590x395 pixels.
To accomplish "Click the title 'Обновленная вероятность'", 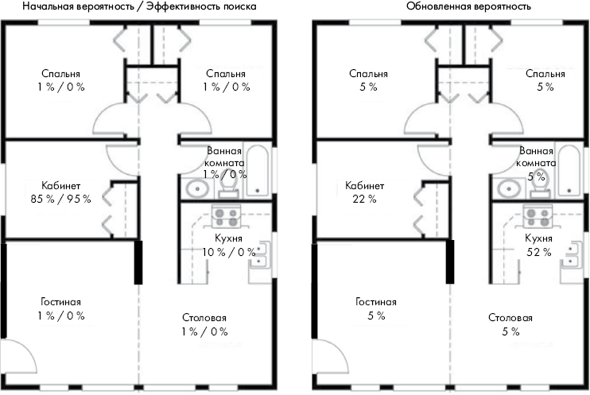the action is pyautogui.click(x=468, y=6).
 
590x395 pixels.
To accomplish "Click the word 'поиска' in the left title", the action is pyautogui.click(x=239, y=6).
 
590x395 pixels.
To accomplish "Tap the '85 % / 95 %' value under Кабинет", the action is pyautogui.click(x=61, y=199).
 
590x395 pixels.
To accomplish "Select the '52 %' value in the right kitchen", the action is pyautogui.click(x=539, y=252).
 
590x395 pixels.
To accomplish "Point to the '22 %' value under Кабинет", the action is pyautogui.click(x=364, y=199).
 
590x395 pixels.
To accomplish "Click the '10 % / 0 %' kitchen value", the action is pyautogui.click(x=229, y=252).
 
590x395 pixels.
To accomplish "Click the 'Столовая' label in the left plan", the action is pyautogui.click(x=204, y=318).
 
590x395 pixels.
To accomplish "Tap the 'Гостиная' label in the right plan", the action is pyautogui.click(x=376, y=302).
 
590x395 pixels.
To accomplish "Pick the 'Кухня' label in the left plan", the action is pyautogui.click(x=228, y=238).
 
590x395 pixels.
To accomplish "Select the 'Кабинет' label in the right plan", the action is pyautogui.click(x=365, y=186).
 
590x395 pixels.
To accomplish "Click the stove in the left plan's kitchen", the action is pyautogui.click(x=226, y=217).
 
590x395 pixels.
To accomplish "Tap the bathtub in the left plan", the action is pyautogui.click(x=257, y=170).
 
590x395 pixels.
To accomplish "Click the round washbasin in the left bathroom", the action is pyautogui.click(x=197, y=188).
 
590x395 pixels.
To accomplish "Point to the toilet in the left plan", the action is pyautogui.click(x=228, y=186).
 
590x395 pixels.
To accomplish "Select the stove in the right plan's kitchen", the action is pyautogui.click(x=538, y=217).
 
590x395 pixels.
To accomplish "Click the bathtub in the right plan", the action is pyautogui.click(x=569, y=170).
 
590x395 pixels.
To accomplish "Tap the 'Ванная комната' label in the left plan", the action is pyautogui.click(x=224, y=157).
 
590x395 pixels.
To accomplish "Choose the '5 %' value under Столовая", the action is pyautogui.click(x=510, y=331).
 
